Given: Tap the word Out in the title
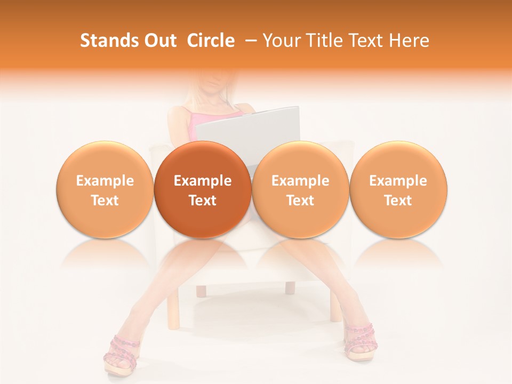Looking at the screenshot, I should [158, 41].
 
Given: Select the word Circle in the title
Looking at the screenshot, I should [211, 41].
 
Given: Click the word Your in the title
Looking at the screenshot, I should [281, 41].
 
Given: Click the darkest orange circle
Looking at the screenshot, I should [202, 190].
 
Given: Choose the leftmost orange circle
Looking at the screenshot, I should [105, 190].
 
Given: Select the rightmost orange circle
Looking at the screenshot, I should [398, 190].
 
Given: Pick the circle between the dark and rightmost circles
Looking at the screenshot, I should [300, 190].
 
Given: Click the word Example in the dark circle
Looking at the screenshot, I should [203, 181].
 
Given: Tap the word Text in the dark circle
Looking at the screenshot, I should [203, 201].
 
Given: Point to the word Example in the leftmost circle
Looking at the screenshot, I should [105, 181].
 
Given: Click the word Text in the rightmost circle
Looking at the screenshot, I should [398, 201].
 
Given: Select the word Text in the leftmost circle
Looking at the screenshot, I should [105, 201].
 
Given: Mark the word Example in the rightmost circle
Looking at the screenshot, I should [398, 181].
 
